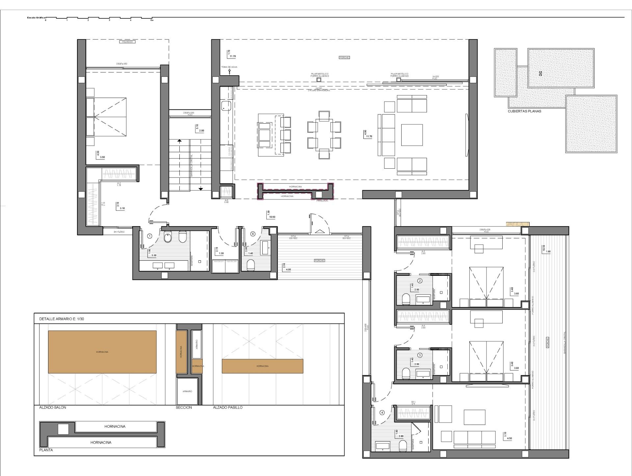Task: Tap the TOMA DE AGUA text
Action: [229, 67]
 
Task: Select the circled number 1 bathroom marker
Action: [150, 236]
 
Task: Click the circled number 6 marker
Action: [253, 234]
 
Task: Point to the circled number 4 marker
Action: [382, 413]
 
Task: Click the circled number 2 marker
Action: [420, 281]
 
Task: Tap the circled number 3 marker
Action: [420, 355]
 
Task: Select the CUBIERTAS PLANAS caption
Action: [524, 111]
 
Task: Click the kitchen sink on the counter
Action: [226, 106]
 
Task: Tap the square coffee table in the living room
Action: [411, 135]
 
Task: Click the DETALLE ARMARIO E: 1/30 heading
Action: [62, 319]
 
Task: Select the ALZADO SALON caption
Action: [53, 407]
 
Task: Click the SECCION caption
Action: [184, 407]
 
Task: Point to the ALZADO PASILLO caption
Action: [228, 407]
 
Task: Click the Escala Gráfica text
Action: [36, 17]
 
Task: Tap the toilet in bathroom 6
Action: [250, 265]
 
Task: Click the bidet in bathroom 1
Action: [183, 236]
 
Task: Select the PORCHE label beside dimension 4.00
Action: [319, 260]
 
